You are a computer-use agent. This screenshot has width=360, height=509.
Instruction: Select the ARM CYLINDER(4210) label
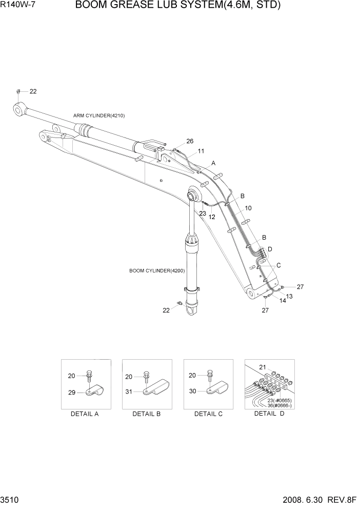[99, 116]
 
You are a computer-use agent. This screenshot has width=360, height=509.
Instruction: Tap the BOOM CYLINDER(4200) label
[157, 270]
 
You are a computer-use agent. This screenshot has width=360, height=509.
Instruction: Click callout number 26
[190, 141]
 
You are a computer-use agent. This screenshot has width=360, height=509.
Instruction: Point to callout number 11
[201, 151]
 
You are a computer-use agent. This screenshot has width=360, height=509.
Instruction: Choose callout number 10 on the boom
[248, 208]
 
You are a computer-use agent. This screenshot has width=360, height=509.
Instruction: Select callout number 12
[212, 217]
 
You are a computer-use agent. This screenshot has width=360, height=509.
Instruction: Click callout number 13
[289, 296]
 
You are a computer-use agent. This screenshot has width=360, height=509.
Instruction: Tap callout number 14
[283, 301]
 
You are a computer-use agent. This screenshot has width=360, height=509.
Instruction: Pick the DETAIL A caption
[85, 414]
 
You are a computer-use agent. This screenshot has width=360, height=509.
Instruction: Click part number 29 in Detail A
[72, 393]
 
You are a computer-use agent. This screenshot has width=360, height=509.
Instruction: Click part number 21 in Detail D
[262, 367]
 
